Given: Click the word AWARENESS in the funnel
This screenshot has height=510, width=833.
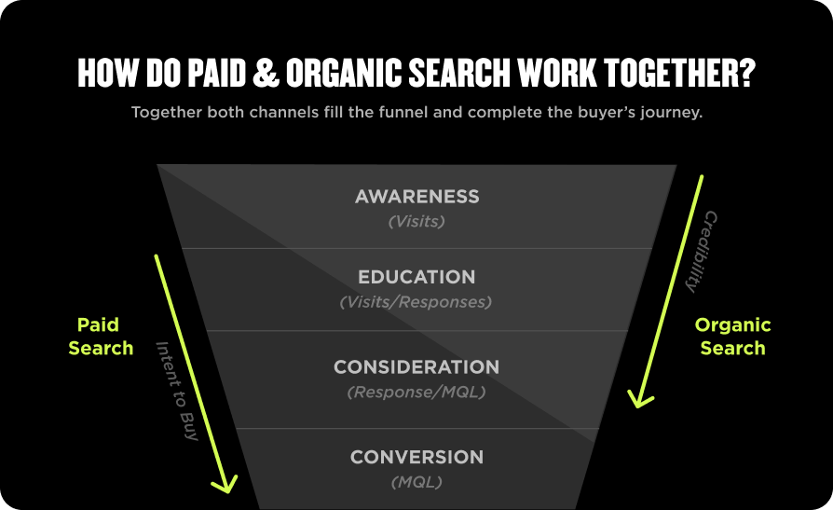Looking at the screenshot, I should click(x=416, y=197).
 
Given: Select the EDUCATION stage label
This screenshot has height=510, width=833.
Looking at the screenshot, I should click(x=416, y=277).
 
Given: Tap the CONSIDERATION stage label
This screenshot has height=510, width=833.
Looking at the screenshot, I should click(x=416, y=367).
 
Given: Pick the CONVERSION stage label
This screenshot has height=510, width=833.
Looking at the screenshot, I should click(x=416, y=457).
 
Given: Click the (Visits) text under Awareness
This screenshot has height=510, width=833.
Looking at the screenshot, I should click(x=416, y=222).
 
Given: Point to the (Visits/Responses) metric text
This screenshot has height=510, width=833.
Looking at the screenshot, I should click(x=416, y=302).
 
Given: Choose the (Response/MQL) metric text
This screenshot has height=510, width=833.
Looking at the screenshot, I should click(x=416, y=393).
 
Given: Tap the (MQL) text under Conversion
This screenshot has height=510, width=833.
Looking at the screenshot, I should click(x=416, y=482).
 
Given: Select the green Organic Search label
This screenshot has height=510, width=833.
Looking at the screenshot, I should click(x=733, y=337).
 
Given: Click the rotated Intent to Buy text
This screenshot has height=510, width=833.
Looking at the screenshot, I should click(x=177, y=391).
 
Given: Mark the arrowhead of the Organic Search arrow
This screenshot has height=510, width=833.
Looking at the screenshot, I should click(x=638, y=398).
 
